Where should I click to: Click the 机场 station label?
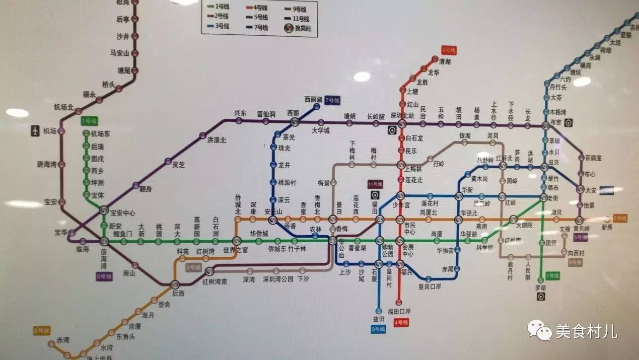point(49,131)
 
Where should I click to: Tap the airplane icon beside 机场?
point(35,131)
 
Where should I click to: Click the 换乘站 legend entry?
point(298,28)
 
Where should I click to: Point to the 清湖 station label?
point(445,61)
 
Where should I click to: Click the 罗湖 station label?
point(541,287)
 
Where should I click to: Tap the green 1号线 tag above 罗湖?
point(552,275)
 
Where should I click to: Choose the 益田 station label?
point(379,319)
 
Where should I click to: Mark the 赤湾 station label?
point(63,339)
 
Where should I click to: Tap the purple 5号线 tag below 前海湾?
point(104,276)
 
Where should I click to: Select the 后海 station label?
point(178,293)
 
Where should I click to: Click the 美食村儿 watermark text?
point(586,331)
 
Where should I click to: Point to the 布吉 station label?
point(555,122)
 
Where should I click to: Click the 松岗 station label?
point(122,3)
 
